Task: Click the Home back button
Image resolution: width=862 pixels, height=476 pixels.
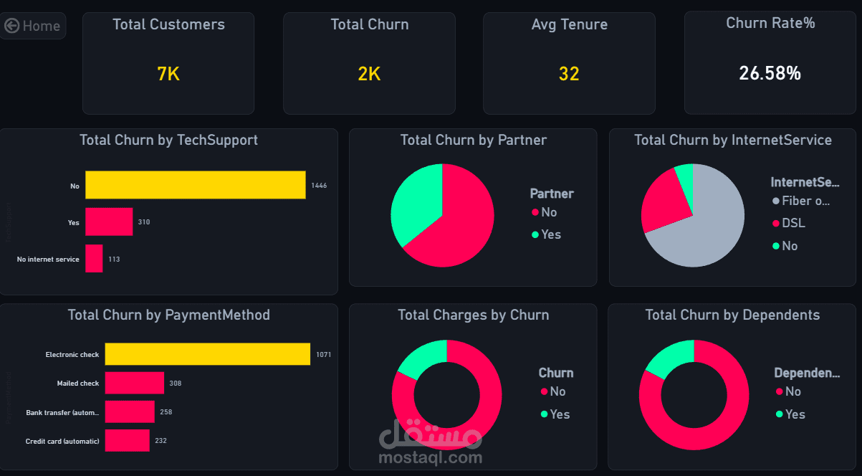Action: (x=33, y=26)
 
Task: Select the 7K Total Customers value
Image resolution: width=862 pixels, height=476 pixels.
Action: (x=168, y=74)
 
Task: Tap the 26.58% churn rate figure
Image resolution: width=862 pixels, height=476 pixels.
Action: (x=770, y=73)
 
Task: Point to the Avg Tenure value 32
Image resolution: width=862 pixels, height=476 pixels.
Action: (x=569, y=74)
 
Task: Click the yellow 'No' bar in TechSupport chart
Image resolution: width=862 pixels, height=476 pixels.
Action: (x=195, y=185)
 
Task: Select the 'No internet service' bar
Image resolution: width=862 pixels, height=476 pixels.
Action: (x=94, y=259)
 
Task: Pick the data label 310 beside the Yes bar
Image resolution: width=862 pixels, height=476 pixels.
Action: (x=144, y=222)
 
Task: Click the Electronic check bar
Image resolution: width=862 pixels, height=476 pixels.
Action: (x=207, y=354)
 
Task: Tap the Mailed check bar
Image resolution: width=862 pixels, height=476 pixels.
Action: (x=134, y=383)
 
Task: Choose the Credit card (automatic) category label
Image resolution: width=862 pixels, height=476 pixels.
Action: (x=62, y=441)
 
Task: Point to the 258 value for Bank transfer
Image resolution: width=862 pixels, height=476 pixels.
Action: (x=166, y=412)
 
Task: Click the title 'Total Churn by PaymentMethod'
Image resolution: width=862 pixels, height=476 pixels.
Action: (x=168, y=315)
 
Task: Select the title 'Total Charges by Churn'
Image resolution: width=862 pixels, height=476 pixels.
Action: (x=473, y=315)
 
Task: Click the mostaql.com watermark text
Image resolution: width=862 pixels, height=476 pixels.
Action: (x=431, y=457)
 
